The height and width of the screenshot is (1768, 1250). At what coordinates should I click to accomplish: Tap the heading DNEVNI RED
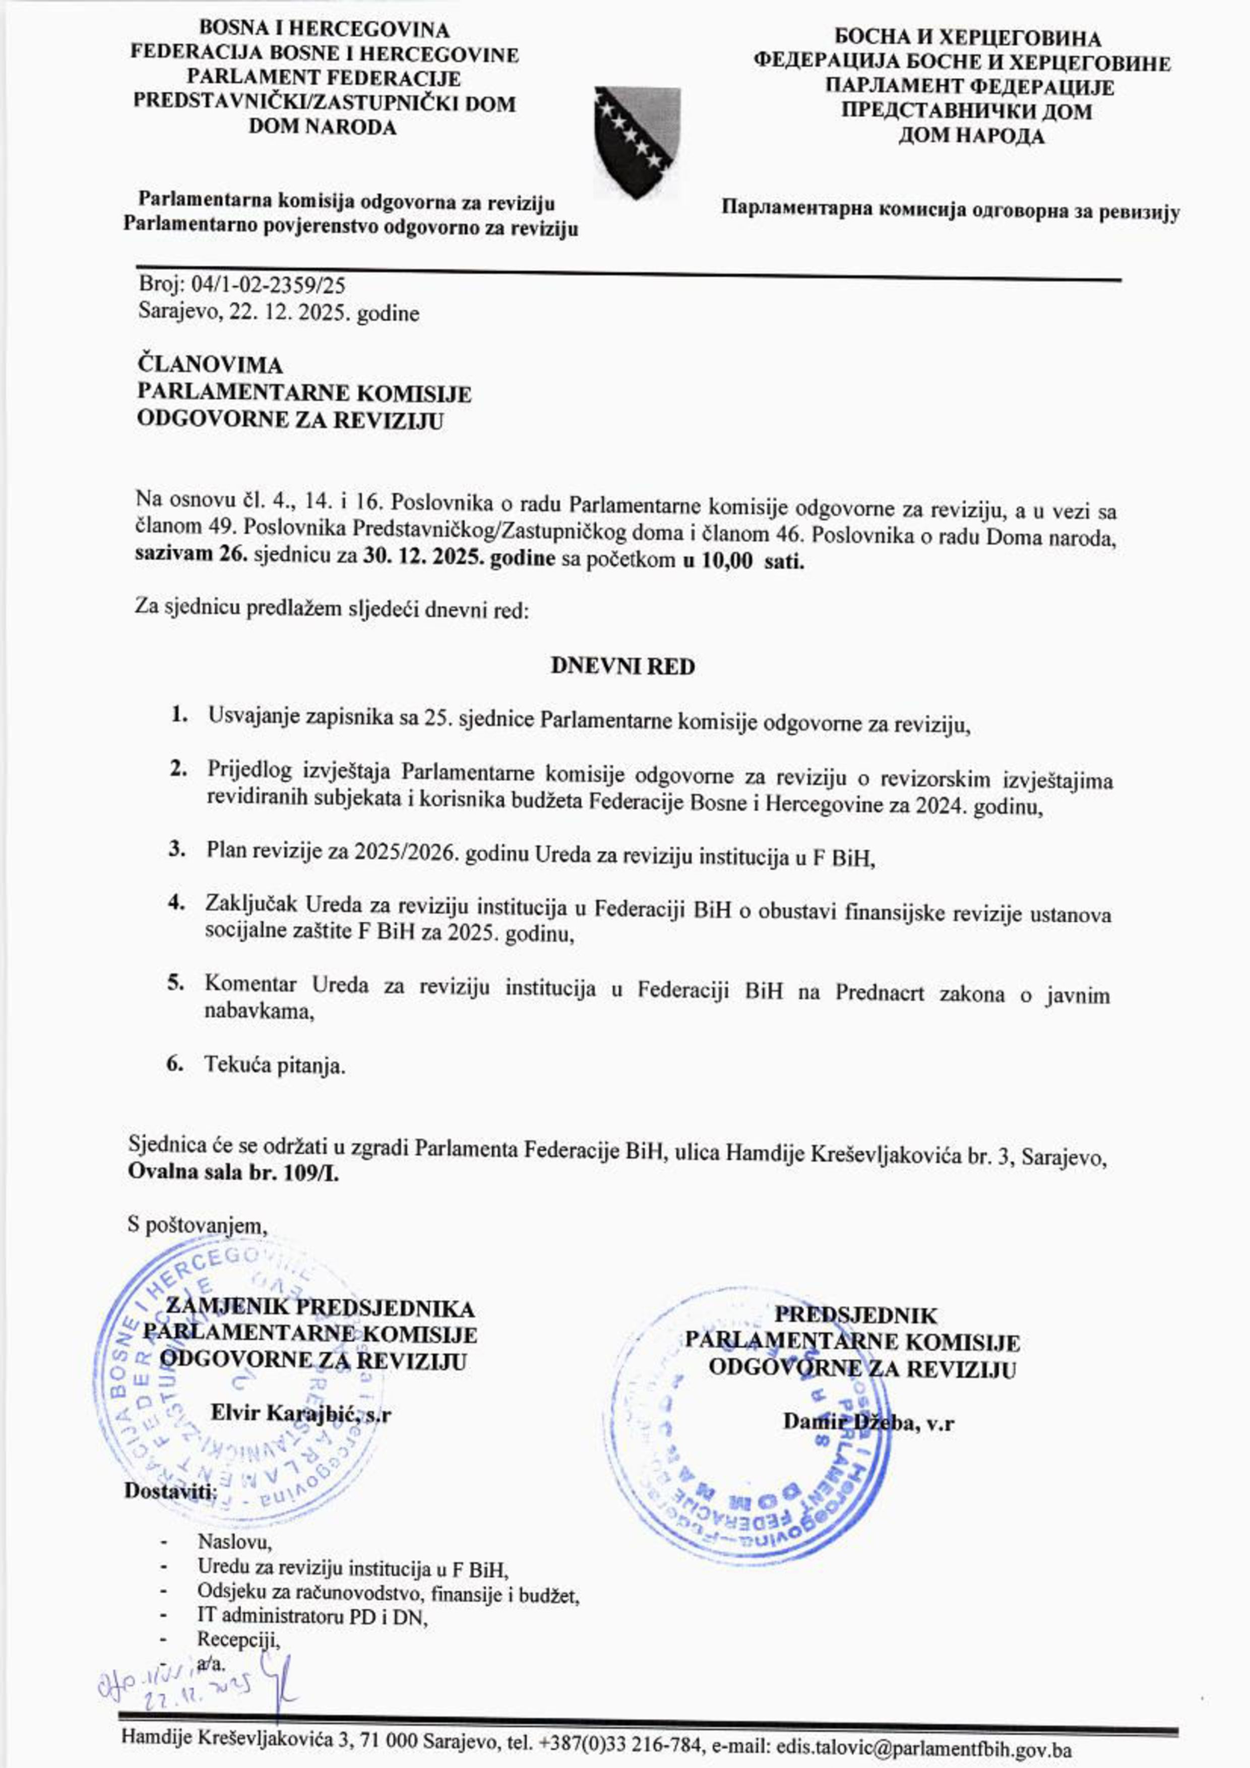click(622, 666)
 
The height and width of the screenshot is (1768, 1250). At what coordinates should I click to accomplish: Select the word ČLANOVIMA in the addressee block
click(210, 364)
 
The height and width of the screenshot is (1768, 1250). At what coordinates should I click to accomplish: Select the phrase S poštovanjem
click(197, 1225)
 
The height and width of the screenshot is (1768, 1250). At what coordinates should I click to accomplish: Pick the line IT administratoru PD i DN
click(312, 1617)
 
